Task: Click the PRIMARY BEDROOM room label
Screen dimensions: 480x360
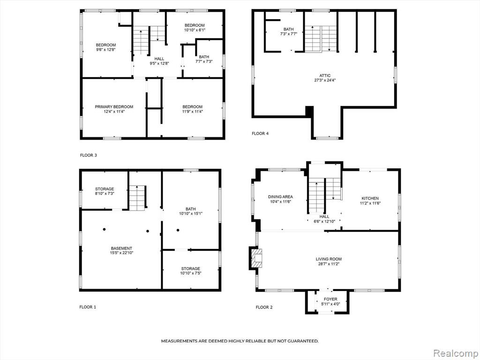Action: point(114,107)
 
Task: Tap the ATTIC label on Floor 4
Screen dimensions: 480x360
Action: point(325,75)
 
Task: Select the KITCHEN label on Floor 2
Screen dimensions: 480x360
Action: point(370,198)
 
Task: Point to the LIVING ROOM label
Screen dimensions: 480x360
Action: point(329,259)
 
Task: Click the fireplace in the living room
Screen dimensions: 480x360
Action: point(256,258)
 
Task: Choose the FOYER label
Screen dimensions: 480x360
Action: point(330,299)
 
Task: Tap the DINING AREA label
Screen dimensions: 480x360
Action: point(280,197)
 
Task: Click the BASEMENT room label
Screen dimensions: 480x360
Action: point(121,248)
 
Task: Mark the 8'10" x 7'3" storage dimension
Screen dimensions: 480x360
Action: point(105,194)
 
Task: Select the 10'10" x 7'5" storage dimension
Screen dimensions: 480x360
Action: point(191,273)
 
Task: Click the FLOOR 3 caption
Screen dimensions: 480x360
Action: point(89,155)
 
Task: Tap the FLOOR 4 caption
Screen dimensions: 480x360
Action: point(260,134)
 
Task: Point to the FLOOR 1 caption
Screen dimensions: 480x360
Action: point(88,307)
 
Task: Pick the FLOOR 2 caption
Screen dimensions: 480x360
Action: point(264,307)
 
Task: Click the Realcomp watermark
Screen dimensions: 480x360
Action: point(455,353)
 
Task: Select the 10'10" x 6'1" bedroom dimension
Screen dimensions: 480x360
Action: point(195,30)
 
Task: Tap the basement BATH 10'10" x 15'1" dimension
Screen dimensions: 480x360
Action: point(191,213)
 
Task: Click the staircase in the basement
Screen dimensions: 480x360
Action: point(137,198)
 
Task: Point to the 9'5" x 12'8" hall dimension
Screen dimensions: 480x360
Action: point(159,63)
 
